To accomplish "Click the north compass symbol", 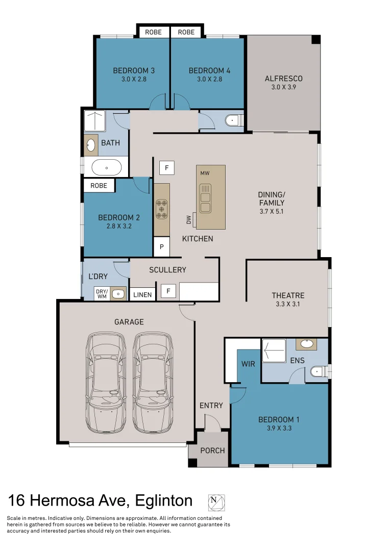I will [x=216, y=502].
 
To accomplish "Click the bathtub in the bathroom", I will [x=106, y=167].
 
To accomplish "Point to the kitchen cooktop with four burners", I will [x=162, y=209].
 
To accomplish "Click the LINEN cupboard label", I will [x=142, y=294].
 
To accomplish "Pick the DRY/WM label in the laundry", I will [x=102, y=293].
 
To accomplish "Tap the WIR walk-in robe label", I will [x=249, y=364].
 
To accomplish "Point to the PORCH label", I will [x=212, y=450].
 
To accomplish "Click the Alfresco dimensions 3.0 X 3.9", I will [x=283, y=87].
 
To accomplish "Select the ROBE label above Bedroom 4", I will [x=186, y=32].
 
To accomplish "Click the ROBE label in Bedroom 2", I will [x=99, y=185].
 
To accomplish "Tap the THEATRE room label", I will [x=288, y=295].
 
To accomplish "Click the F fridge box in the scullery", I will [x=166, y=292].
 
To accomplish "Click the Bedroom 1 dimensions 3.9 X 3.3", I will [x=279, y=429].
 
